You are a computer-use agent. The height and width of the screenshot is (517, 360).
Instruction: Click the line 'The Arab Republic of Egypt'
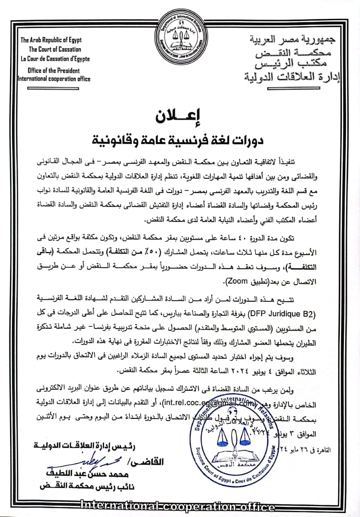(51, 40)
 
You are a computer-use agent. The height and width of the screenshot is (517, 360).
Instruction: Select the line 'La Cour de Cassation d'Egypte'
(55, 59)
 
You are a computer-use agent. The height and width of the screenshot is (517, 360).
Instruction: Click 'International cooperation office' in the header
(54, 79)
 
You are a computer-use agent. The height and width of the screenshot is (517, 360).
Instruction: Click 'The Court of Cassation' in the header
(55, 49)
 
